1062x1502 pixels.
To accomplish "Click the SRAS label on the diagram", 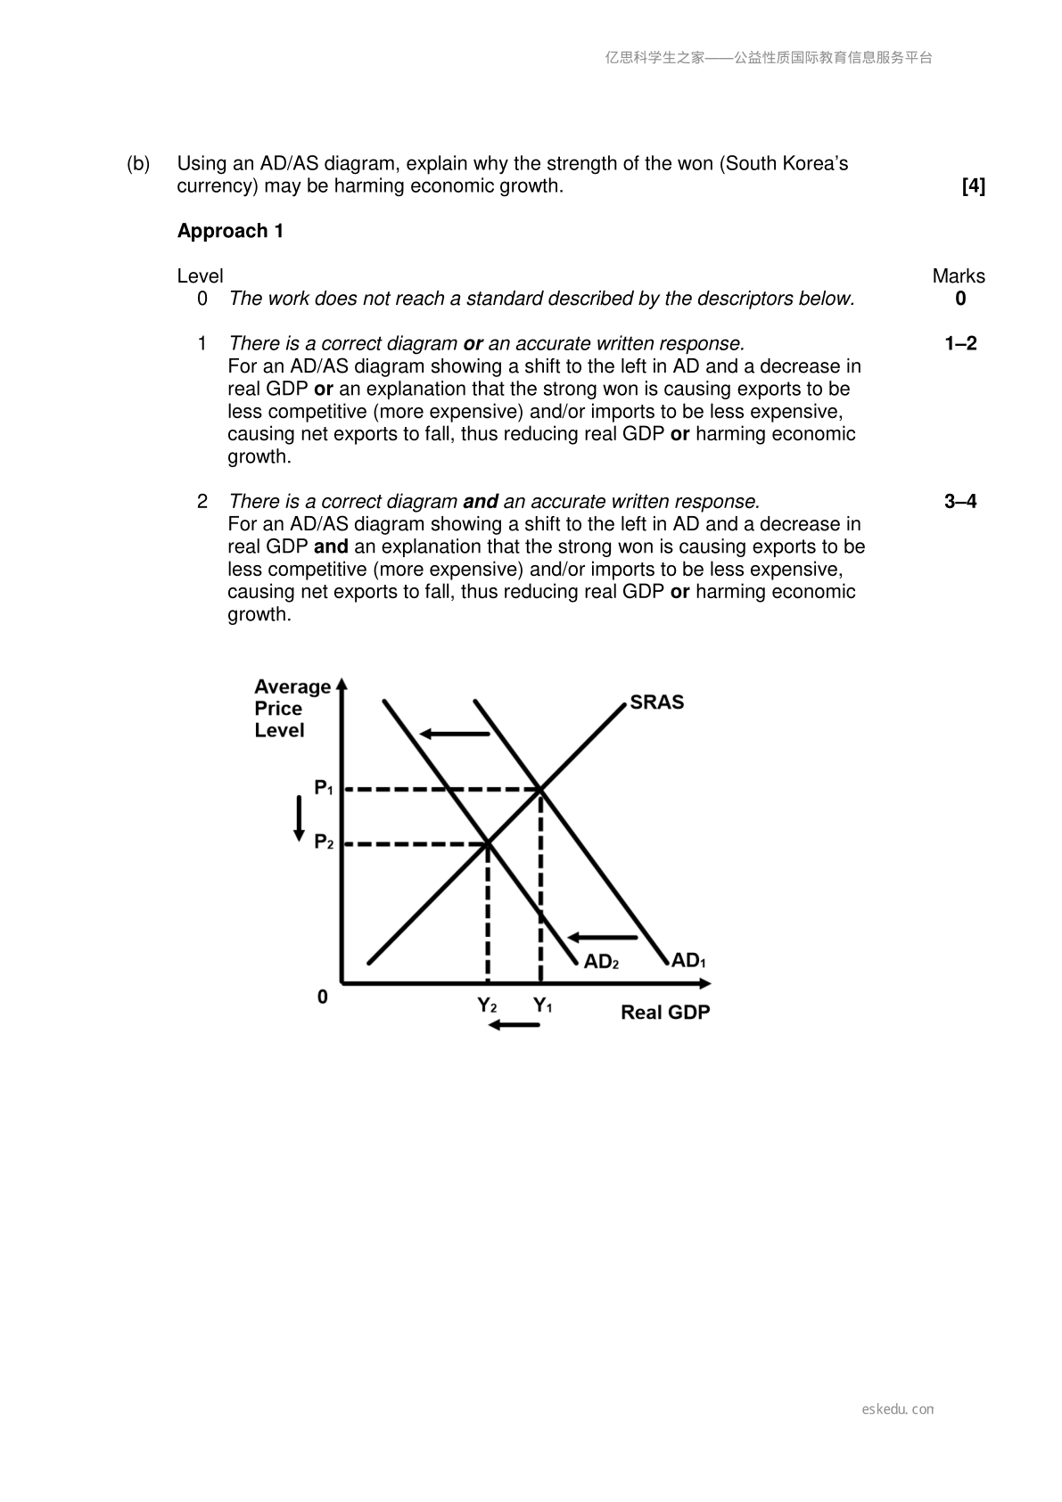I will pos(656,702).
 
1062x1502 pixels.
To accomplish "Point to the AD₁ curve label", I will pos(687,961).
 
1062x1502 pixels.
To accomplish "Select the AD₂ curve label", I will pos(600,962).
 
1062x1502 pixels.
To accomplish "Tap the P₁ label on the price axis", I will pos(324,788).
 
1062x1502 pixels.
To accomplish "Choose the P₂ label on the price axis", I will pos(324,841).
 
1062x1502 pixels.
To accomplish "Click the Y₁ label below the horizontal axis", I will pos(542,1005).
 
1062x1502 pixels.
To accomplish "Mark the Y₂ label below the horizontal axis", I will pos(487,1005).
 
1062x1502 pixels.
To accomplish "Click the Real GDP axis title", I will pos(665,1013).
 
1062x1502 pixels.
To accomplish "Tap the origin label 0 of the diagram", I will pos(323,997).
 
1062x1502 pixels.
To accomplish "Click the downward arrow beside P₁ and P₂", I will pos(300,817).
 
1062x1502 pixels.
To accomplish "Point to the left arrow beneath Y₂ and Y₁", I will pos(515,1025).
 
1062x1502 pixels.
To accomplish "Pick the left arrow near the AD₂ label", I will pos(603,937).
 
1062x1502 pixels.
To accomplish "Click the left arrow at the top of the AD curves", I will pos(455,734).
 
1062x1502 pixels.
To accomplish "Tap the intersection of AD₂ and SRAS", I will pos(487,842).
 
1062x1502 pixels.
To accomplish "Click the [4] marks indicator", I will pos(973,186).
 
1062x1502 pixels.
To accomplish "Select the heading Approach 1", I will pos(230,231).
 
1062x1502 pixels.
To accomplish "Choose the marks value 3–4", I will pos(959,502).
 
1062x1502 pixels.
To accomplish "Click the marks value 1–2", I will pos(959,344).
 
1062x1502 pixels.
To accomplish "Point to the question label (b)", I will pos(138,164).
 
